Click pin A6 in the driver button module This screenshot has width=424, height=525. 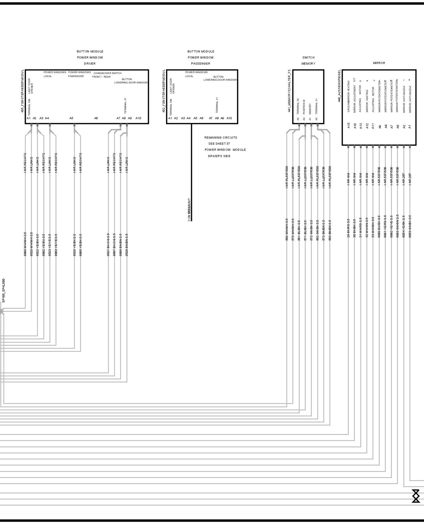pyautogui.click(x=96, y=118)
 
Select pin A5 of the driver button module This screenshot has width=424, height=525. pyautogui.click(x=71, y=118)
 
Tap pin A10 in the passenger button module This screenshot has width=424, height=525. pyautogui.click(x=229, y=118)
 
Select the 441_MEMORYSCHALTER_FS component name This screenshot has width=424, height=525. pyautogui.click(x=289, y=91)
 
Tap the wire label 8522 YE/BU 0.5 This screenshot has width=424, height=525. pyautogui.click(x=38, y=245)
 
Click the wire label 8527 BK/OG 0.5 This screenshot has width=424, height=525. pyautogui.click(x=108, y=245)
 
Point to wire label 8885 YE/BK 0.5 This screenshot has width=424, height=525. pyautogui.click(x=80, y=245)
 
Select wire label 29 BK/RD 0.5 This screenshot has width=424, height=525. pyautogui.click(x=348, y=228)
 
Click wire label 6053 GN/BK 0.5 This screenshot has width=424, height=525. pyautogui.click(x=410, y=226)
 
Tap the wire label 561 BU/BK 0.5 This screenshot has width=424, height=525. pyautogui.click(x=299, y=230)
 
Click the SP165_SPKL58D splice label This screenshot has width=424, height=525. pyautogui.click(x=4, y=291)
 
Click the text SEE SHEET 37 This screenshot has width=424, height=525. pyautogui.click(x=219, y=144)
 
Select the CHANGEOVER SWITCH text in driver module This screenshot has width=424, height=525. pyautogui.click(x=107, y=73)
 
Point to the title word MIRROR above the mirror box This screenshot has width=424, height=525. pyautogui.click(x=379, y=63)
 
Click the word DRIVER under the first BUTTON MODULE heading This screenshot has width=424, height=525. pyautogui.click(x=90, y=64)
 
